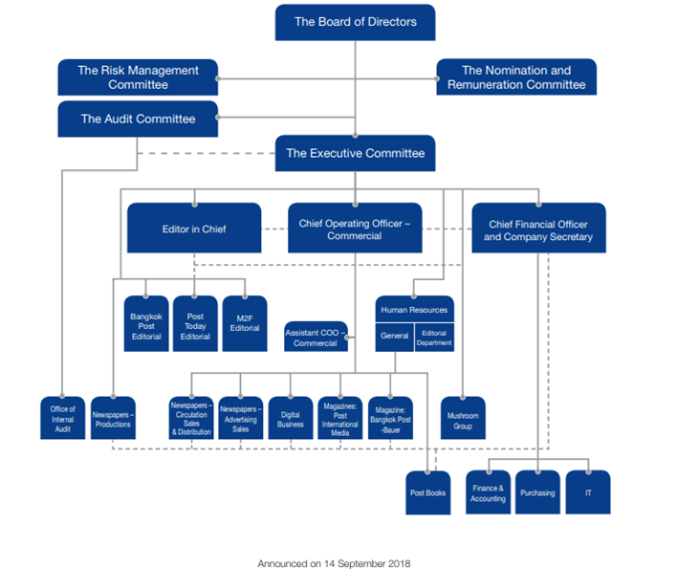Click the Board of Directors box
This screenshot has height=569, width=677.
(x=355, y=22)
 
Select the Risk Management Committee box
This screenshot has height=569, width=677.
(x=138, y=77)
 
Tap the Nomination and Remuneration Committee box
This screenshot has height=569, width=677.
(x=516, y=77)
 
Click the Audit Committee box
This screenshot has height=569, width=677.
(x=138, y=120)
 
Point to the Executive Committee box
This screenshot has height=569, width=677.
(x=355, y=153)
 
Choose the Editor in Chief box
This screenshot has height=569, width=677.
(x=194, y=229)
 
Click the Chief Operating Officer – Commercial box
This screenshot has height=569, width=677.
(x=354, y=229)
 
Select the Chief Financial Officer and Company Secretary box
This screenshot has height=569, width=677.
(x=538, y=230)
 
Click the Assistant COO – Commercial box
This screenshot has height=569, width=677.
(x=315, y=338)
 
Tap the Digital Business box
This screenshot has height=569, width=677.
(x=291, y=418)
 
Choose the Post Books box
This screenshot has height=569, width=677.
(x=426, y=492)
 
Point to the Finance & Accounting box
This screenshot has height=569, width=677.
(x=488, y=492)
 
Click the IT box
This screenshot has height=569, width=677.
(x=587, y=492)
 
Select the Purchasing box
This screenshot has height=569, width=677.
(x=537, y=492)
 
